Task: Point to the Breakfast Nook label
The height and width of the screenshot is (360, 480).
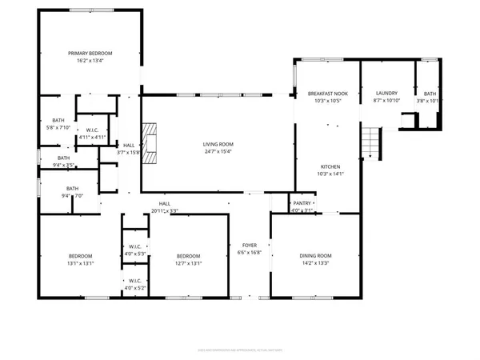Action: (325, 94)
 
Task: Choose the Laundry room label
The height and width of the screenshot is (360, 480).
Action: (386, 94)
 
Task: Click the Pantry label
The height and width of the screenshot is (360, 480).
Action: (302, 203)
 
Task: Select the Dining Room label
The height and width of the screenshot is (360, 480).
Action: (314, 256)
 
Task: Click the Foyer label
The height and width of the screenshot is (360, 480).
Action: (248, 245)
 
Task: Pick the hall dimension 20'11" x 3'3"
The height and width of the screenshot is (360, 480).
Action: (164, 211)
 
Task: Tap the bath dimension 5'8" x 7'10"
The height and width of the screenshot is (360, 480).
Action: (58, 126)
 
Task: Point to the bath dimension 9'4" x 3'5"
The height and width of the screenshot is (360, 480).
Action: (63, 166)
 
